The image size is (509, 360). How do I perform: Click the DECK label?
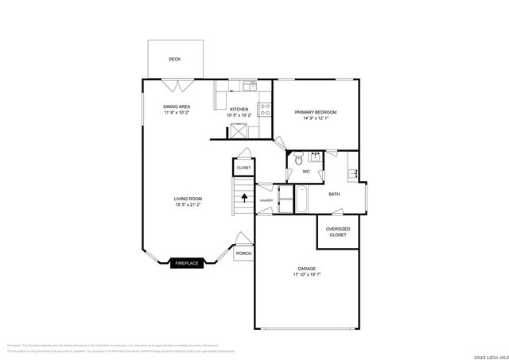174,59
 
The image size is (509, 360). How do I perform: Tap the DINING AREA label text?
177,106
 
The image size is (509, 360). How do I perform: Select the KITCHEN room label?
239,109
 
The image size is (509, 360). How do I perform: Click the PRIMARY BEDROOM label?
316,113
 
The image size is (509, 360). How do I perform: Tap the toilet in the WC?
297,160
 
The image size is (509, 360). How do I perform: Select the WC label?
305,170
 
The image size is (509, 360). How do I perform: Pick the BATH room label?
335,193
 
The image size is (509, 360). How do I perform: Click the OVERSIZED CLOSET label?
338,232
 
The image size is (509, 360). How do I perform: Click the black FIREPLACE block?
188,263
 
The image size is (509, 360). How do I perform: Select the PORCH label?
243,254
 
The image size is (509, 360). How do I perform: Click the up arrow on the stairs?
244,195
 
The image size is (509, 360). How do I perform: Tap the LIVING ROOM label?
188,199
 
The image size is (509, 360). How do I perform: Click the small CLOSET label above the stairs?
243,168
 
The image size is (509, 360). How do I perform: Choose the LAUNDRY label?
266,200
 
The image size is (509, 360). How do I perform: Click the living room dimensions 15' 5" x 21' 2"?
188,205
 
